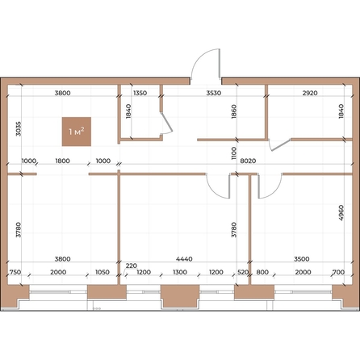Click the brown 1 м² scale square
pos(77,132)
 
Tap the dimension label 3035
pos(18,128)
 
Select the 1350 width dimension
pos(140,93)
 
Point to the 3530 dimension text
pos(214,93)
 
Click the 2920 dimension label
pos(310,93)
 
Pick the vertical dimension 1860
pos(233,111)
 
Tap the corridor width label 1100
pos(233,153)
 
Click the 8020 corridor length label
pos(248,161)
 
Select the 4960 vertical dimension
pos(341,213)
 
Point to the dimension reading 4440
pos(184,259)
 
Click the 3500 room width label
pos(302,259)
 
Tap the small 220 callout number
pos(132,266)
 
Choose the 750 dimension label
pos(15,272)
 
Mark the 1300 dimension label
pos(180,272)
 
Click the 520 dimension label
pos(243,272)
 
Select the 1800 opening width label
pos(63,161)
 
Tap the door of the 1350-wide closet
pos(167,123)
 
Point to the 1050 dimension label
pos(103,272)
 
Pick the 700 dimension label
pos(338,272)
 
